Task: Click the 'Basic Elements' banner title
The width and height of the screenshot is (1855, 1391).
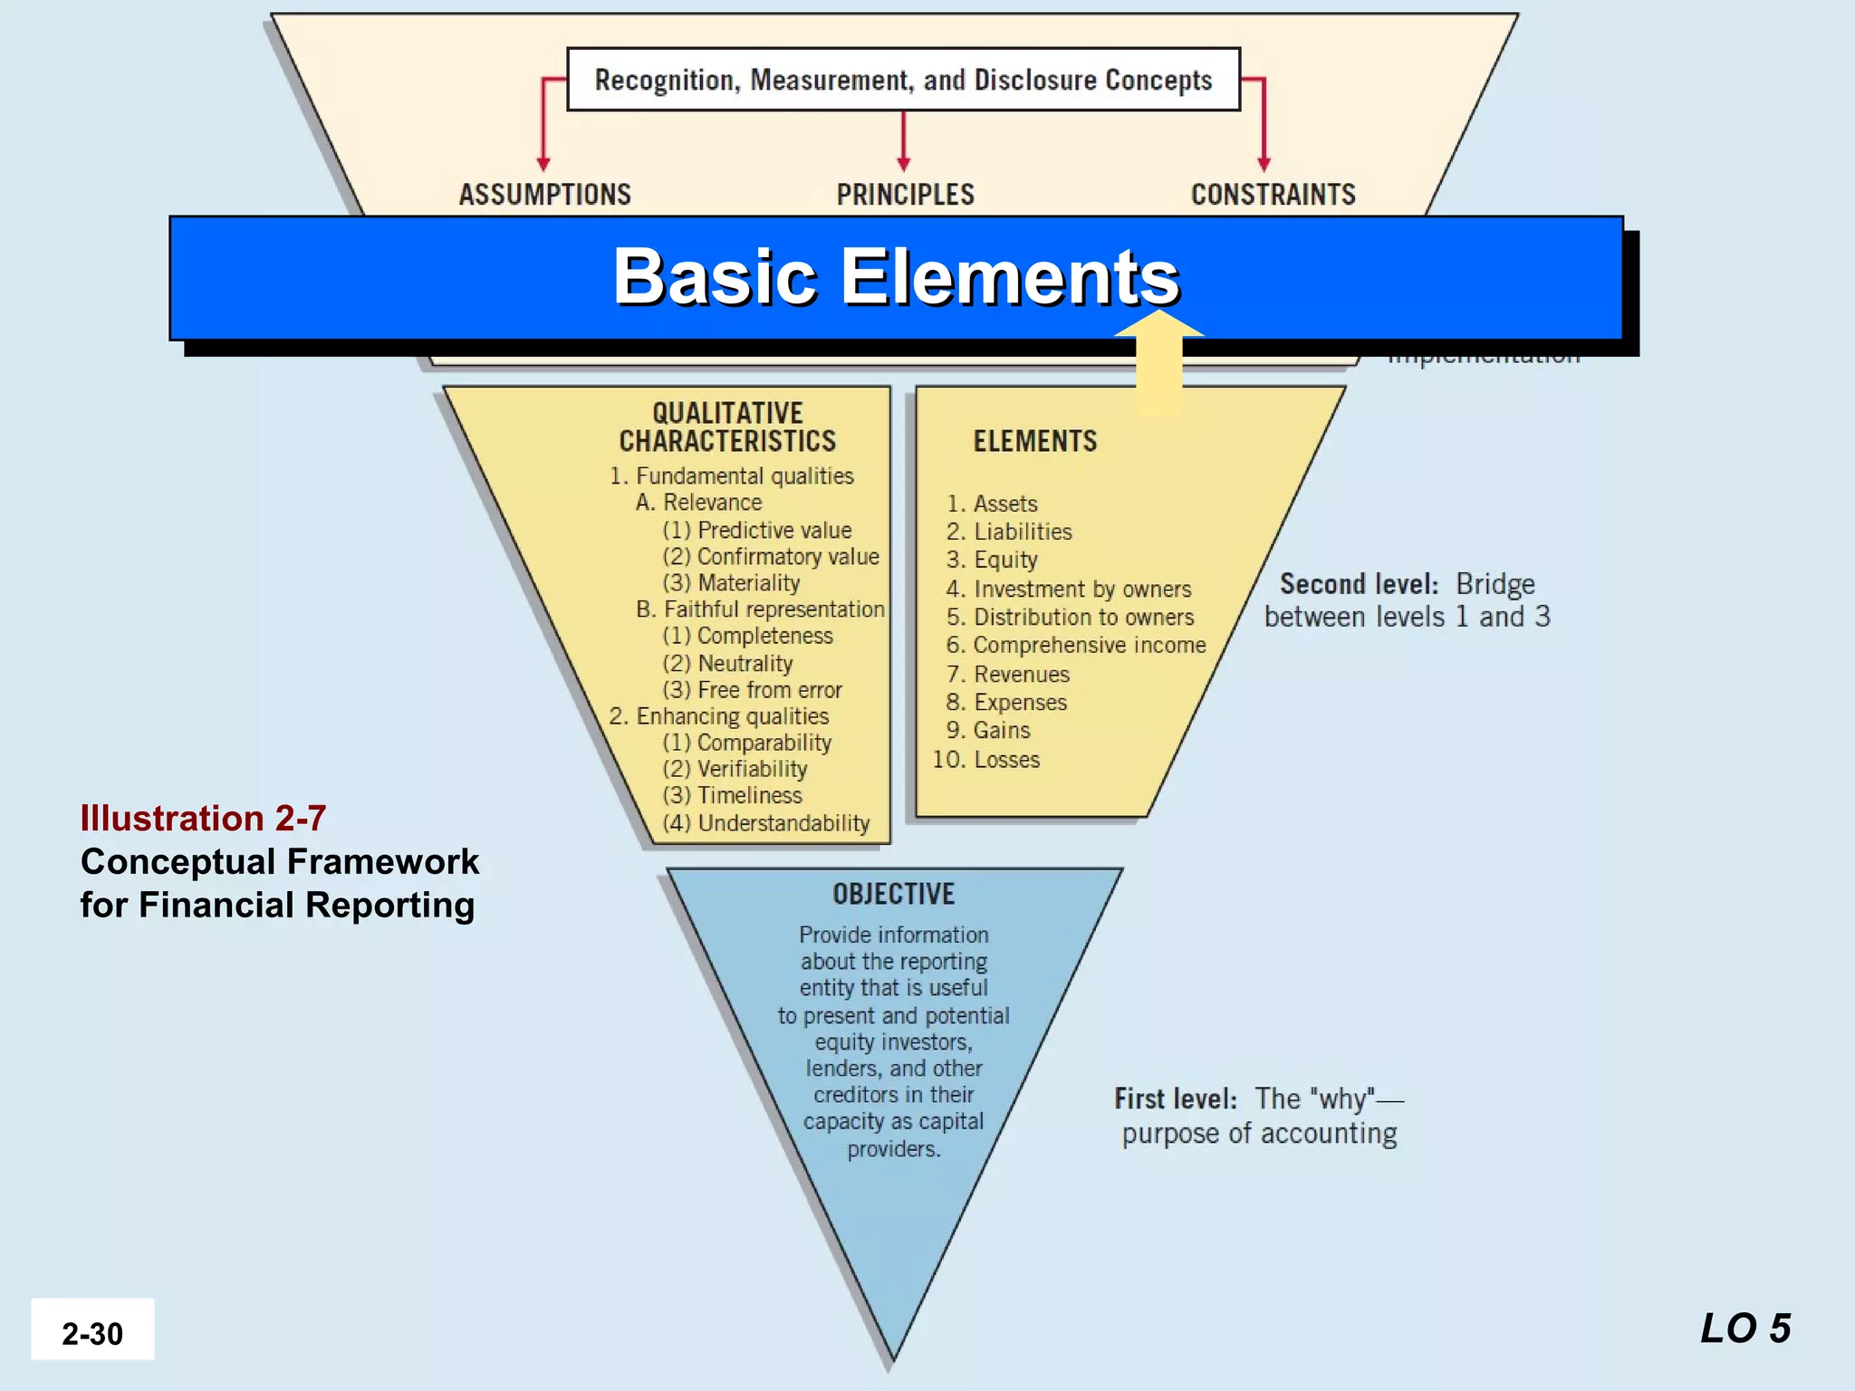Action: coord(896,276)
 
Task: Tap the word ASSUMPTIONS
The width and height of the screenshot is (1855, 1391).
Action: coord(544,195)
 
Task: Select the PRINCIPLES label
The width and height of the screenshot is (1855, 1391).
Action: coord(905,195)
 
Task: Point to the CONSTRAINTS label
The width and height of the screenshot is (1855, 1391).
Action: coord(1273,195)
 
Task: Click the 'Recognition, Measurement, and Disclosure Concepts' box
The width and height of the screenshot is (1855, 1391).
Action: coord(903,80)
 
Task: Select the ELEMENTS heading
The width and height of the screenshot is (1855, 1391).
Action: coord(1034,442)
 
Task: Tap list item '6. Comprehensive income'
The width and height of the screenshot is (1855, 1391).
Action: coord(1076,645)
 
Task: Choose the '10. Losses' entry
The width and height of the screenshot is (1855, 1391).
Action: coord(986,760)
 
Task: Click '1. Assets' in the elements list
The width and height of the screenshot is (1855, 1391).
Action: coord(992,504)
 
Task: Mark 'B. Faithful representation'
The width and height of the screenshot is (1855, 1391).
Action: coord(760,609)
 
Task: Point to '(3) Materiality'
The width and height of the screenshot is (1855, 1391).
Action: coord(731,583)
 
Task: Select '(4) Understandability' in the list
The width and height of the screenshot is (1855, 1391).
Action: coord(765,823)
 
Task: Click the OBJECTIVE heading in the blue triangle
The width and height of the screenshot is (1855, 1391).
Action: coord(893,895)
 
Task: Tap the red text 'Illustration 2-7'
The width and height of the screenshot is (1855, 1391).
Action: coord(203,819)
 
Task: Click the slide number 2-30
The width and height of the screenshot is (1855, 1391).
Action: coord(92,1333)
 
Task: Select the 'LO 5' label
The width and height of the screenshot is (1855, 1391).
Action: coord(1745,1329)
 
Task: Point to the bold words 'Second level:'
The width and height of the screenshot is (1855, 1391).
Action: coord(1359,584)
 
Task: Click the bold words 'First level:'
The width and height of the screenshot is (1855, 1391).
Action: coord(1175,1099)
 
